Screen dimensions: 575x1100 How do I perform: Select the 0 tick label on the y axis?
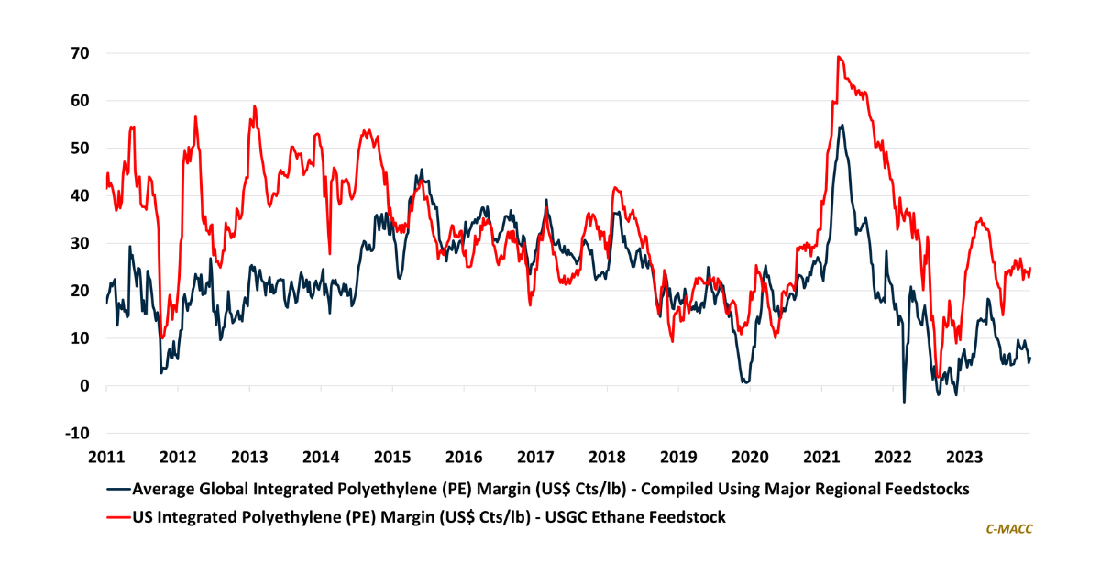82,386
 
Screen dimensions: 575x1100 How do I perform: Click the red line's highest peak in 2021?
838,56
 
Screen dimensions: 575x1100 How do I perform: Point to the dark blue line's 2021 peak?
841,125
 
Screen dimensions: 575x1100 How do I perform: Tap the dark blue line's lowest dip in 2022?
904,402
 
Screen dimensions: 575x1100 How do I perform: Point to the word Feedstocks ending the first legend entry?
919,489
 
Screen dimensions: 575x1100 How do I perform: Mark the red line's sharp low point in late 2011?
162,337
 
